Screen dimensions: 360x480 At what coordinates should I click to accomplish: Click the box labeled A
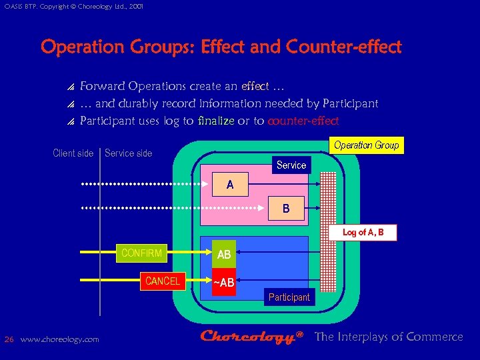230,185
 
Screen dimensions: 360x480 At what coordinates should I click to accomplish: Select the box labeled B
285,209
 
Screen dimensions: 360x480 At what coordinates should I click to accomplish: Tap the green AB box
224,255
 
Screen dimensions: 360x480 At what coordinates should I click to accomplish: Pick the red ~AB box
224,283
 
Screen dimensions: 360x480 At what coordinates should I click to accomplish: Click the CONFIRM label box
142,253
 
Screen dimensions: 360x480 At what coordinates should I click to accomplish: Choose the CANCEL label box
163,281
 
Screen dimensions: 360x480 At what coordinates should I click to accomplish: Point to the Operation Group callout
366,145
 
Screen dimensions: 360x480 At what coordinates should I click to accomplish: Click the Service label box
291,165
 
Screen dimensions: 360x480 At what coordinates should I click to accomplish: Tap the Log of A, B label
363,232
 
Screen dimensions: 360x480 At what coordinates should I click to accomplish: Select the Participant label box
289,297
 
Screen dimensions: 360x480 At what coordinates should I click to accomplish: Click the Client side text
73,153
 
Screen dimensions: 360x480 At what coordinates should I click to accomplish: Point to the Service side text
129,153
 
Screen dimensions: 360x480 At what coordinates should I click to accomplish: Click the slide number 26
9,339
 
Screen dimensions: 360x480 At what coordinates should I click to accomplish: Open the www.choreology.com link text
60,339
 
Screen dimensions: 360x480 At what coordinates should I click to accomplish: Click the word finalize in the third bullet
216,121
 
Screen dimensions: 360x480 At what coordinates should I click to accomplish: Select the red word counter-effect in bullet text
303,121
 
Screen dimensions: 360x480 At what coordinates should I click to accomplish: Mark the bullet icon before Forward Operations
71,87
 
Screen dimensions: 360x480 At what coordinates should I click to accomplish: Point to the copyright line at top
73,6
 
